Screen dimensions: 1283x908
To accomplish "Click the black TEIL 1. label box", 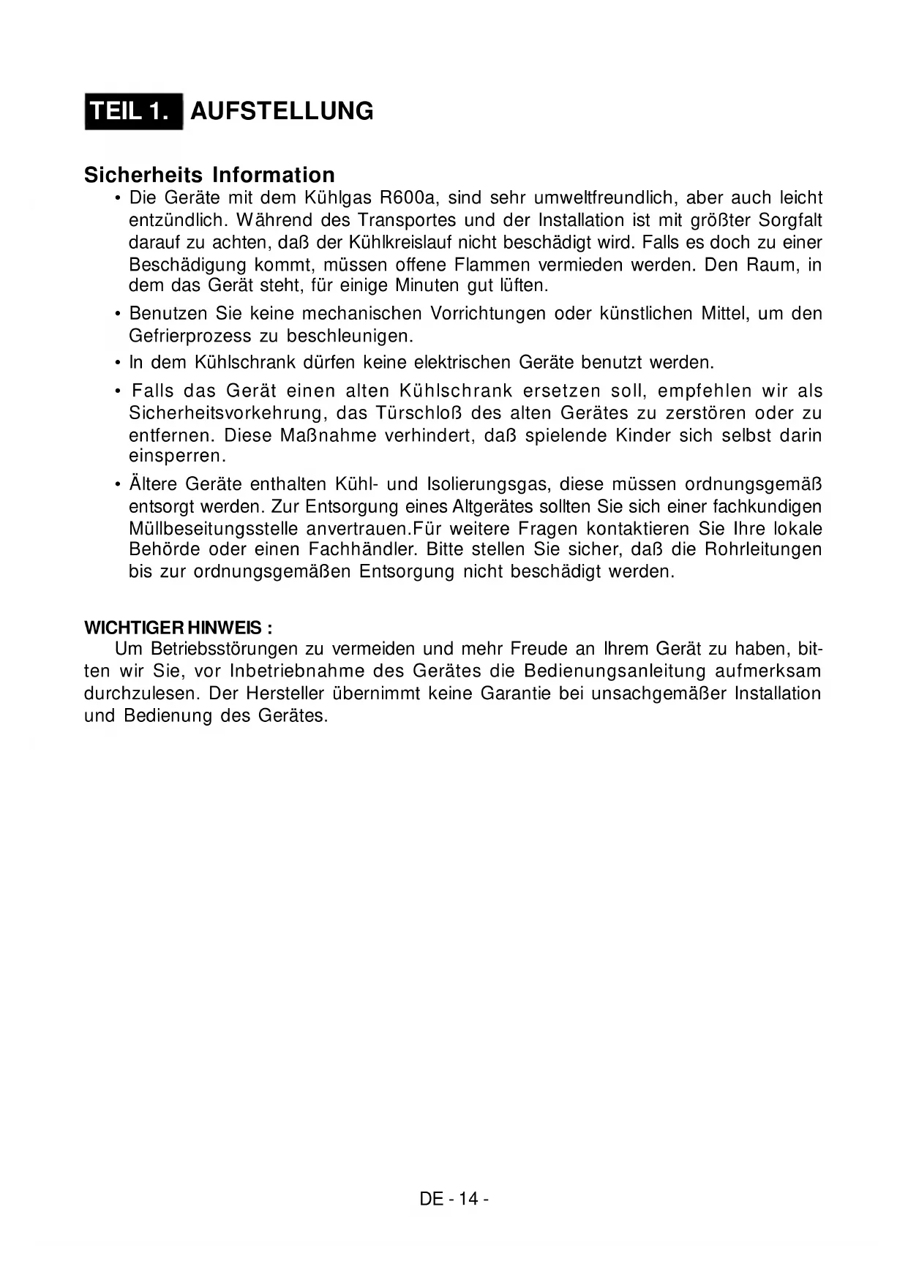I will pyautogui.click(x=133, y=111).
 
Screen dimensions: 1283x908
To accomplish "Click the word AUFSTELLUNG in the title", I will pyautogui.click(x=282, y=111).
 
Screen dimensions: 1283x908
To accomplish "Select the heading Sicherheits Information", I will pyautogui.click(x=209, y=175).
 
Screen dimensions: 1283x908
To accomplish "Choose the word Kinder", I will pyautogui.click(x=642, y=435).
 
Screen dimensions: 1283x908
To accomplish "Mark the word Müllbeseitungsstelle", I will pyautogui.click(x=213, y=529).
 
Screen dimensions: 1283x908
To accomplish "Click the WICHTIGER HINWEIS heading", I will pyautogui.click(x=179, y=628).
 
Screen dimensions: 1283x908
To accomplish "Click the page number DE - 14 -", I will pyautogui.click(x=454, y=1199).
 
